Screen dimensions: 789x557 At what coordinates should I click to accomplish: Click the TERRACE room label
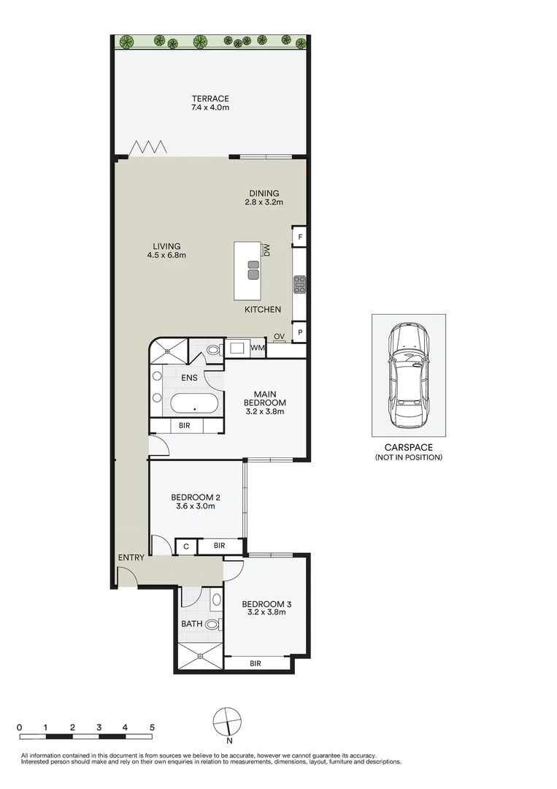coord(210,99)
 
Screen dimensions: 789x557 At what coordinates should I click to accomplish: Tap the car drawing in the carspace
coord(408,377)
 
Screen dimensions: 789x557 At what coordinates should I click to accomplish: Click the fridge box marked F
coord(299,237)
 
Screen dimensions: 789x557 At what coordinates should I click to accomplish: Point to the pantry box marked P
coord(299,332)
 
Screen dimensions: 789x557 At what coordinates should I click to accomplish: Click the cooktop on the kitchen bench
coord(299,283)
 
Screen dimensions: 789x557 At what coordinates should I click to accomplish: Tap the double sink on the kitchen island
coord(253,270)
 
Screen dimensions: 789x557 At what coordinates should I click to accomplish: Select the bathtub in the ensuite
coord(196,403)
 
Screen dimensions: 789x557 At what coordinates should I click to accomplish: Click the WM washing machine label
coord(257,348)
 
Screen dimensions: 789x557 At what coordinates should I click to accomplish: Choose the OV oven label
coord(279,337)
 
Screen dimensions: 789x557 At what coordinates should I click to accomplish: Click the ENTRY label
coord(131,558)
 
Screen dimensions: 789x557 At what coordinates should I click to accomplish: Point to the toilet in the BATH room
coord(212,625)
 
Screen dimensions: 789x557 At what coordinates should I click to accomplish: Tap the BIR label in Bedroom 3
coord(256,664)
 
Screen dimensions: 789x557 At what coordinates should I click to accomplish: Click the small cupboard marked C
coord(186,546)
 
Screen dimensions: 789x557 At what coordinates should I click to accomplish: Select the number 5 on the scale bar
coord(152,728)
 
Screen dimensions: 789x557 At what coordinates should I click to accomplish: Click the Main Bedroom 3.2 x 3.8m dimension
coord(264,411)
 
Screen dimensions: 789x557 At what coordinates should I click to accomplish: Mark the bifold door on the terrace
coord(149,149)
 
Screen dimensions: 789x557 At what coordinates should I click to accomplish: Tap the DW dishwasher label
coord(268,250)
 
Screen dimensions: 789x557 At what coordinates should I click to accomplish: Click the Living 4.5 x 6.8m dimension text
coord(166,256)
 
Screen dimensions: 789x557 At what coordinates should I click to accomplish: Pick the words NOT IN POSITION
coord(408,457)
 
